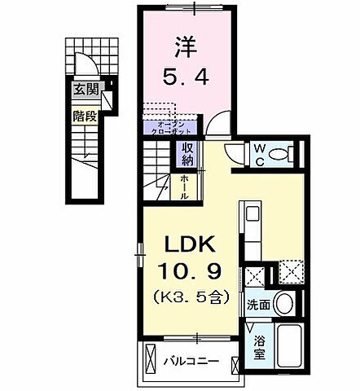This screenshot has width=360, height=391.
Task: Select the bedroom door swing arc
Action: tap(216, 124)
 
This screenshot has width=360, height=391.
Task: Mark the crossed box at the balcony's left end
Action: tap(152, 358)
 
